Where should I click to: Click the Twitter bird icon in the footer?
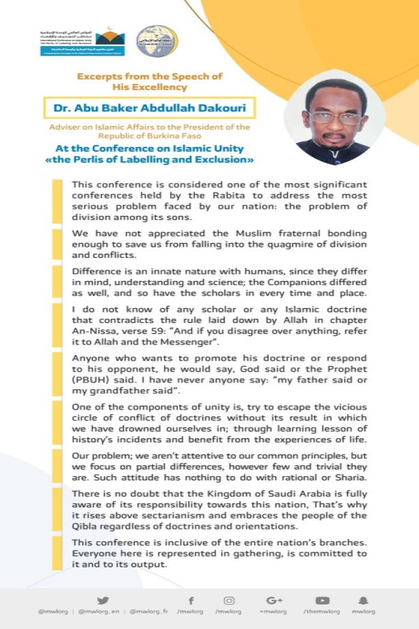pyautogui.click(x=103, y=600)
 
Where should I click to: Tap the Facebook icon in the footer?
pyautogui.click(x=191, y=600)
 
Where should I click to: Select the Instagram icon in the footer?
pyautogui.click(x=229, y=600)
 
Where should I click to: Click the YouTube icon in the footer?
pyautogui.click(x=322, y=600)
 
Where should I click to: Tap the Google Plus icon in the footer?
pyautogui.click(x=274, y=600)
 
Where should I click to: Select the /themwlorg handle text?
pyautogui.click(x=322, y=612)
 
